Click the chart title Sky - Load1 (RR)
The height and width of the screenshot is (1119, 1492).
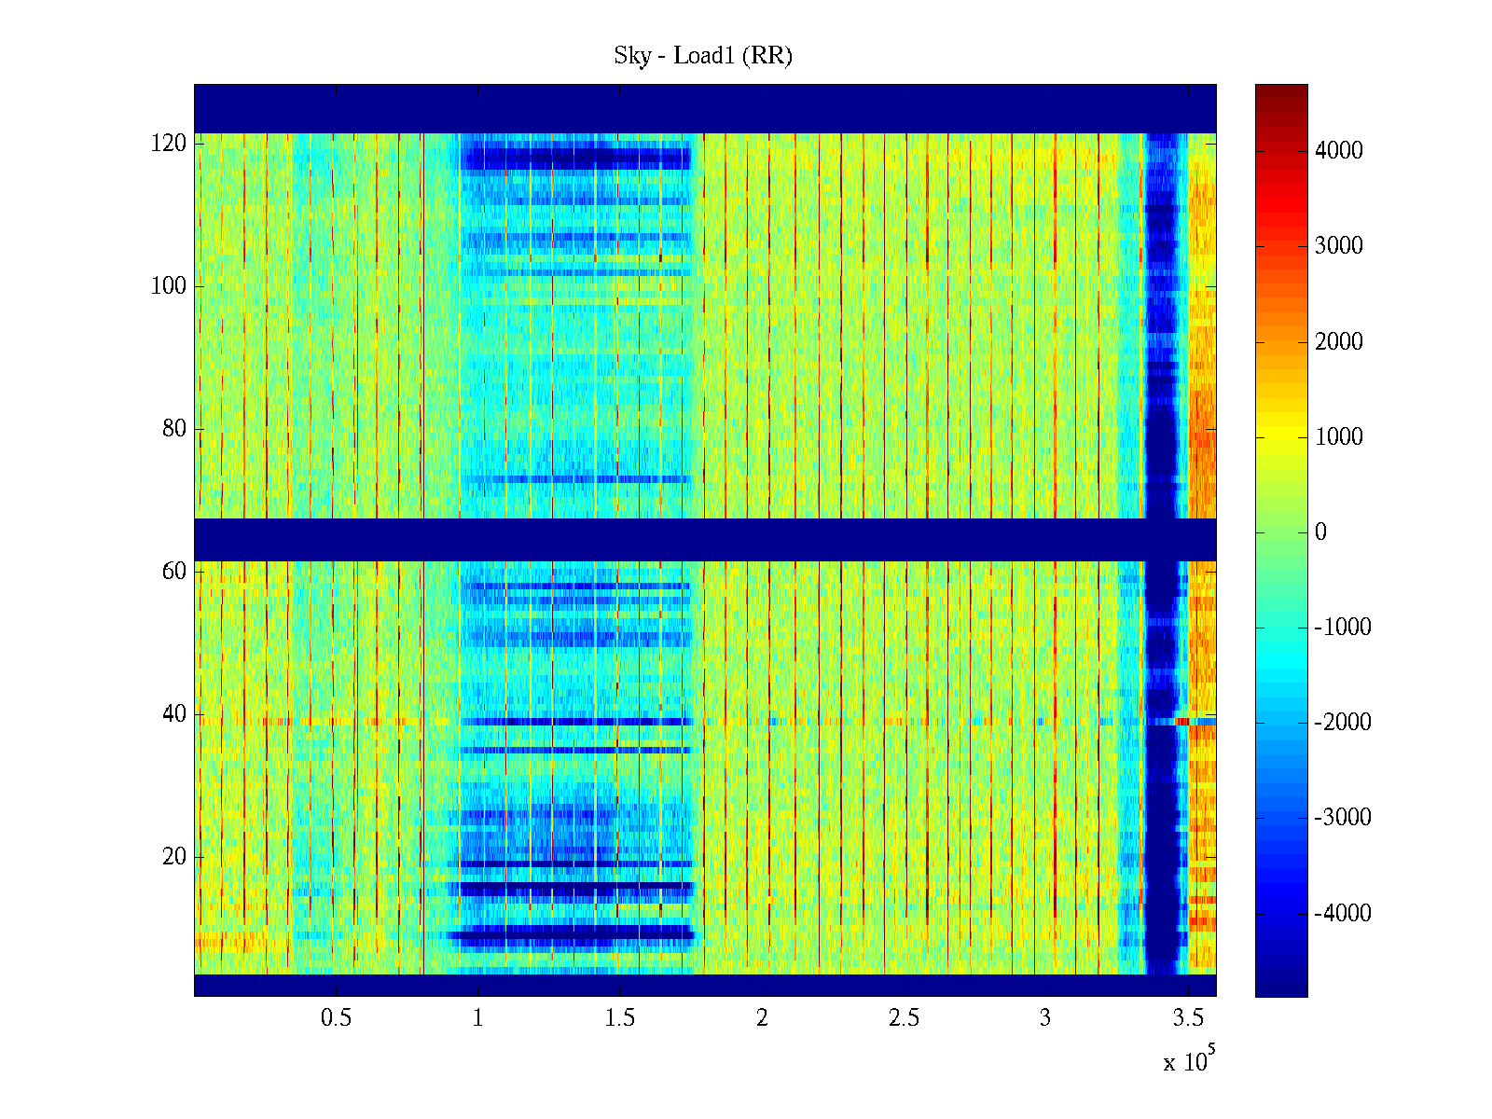click(702, 56)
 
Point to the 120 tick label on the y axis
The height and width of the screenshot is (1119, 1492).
click(169, 144)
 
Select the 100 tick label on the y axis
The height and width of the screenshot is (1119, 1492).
click(169, 286)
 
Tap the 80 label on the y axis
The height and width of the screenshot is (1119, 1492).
click(174, 429)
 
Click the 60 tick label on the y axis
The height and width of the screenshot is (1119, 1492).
click(174, 572)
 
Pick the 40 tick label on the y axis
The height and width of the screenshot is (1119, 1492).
click(174, 714)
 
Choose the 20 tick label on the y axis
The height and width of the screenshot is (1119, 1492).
click(174, 857)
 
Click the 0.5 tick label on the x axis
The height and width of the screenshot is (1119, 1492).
click(337, 1018)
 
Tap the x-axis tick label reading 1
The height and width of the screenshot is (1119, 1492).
click(478, 1018)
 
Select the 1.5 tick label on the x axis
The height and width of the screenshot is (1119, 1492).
click(620, 1018)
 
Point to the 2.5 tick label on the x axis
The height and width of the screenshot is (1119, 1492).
click(904, 1018)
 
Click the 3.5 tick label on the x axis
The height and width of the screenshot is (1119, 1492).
click(1188, 1018)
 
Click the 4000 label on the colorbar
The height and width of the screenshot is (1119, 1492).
click(1338, 151)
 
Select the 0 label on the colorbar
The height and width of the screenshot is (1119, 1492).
click(1320, 532)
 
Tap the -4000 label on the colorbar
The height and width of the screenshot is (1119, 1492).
click(1343, 914)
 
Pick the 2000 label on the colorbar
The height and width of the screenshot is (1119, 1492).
click(1338, 342)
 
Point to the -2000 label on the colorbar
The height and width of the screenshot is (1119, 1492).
click(1343, 723)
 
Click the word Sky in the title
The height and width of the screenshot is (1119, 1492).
click(631, 56)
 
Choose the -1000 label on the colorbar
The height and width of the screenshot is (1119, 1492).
click(1343, 628)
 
